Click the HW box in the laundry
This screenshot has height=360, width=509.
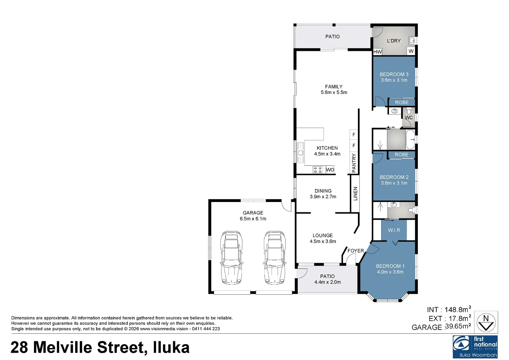pos(378,52)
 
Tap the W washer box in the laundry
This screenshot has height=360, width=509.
pos(411,51)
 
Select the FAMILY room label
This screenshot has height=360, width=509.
pos(334,87)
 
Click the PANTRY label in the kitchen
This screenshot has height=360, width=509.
pos(354,163)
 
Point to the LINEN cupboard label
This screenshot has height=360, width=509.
pos(355,194)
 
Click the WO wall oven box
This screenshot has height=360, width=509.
pos(330,170)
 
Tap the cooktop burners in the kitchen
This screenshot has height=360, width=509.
pos(318,170)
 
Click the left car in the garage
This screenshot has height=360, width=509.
pos(231,258)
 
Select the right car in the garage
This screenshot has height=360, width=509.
pos(275,258)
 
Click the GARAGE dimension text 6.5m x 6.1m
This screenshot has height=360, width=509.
pos(253,219)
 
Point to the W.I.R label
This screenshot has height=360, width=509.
pos(394,230)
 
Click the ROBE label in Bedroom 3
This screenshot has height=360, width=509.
pos(402,102)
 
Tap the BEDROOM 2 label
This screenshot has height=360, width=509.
pos(394,177)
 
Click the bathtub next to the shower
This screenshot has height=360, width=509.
pos(410,139)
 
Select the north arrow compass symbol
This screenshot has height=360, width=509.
pos(486,322)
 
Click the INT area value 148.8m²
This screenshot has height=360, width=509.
pos(458,310)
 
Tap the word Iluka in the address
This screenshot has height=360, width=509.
pos(171,347)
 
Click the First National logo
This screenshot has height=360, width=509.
pos(475,347)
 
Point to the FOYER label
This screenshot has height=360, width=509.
pos(356,251)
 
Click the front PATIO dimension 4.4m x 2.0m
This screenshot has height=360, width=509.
pos(328,282)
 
